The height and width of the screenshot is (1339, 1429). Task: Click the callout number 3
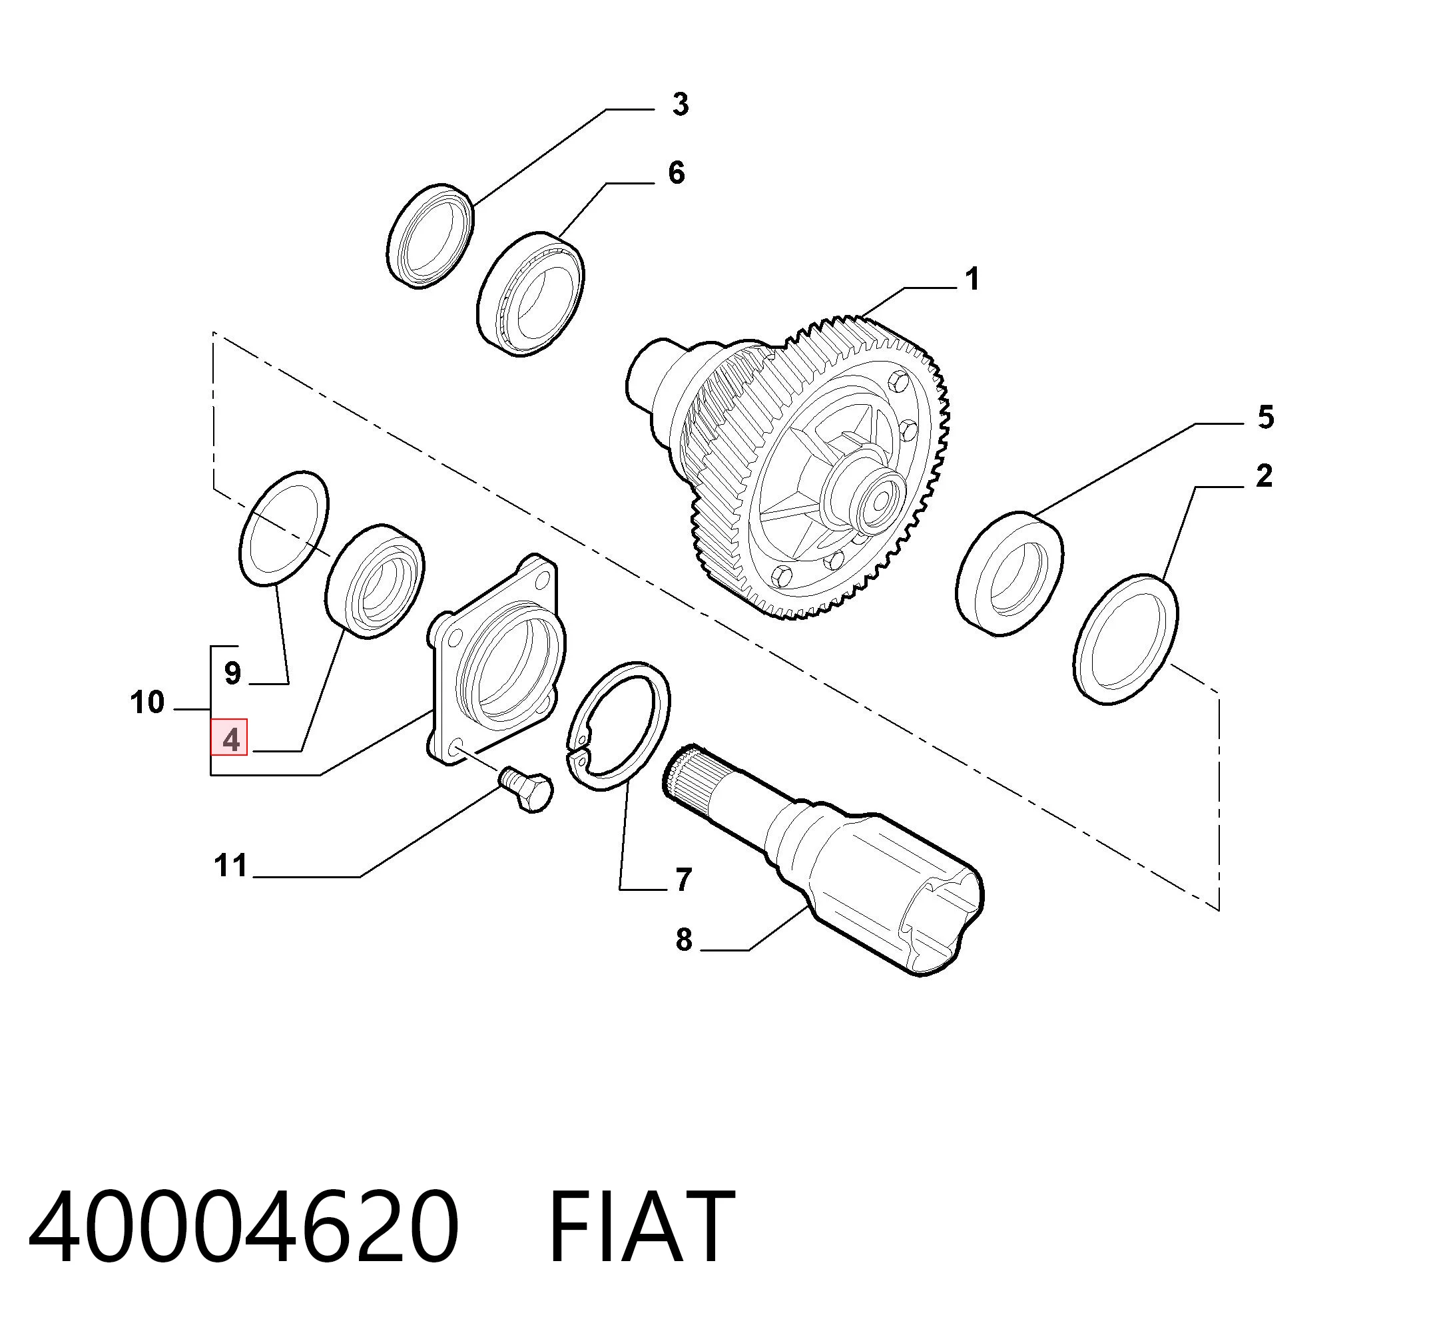coord(680,105)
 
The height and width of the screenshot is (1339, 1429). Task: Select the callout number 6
coord(677,173)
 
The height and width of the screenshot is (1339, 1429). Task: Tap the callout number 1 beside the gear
coord(972,280)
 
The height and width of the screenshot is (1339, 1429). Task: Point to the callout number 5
coord(1266,417)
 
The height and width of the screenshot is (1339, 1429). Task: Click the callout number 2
coord(1265,477)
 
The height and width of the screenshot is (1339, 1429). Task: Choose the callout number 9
coord(232,673)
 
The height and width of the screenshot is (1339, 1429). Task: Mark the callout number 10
coord(147,702)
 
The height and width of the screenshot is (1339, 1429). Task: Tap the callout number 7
coord(683,880)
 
